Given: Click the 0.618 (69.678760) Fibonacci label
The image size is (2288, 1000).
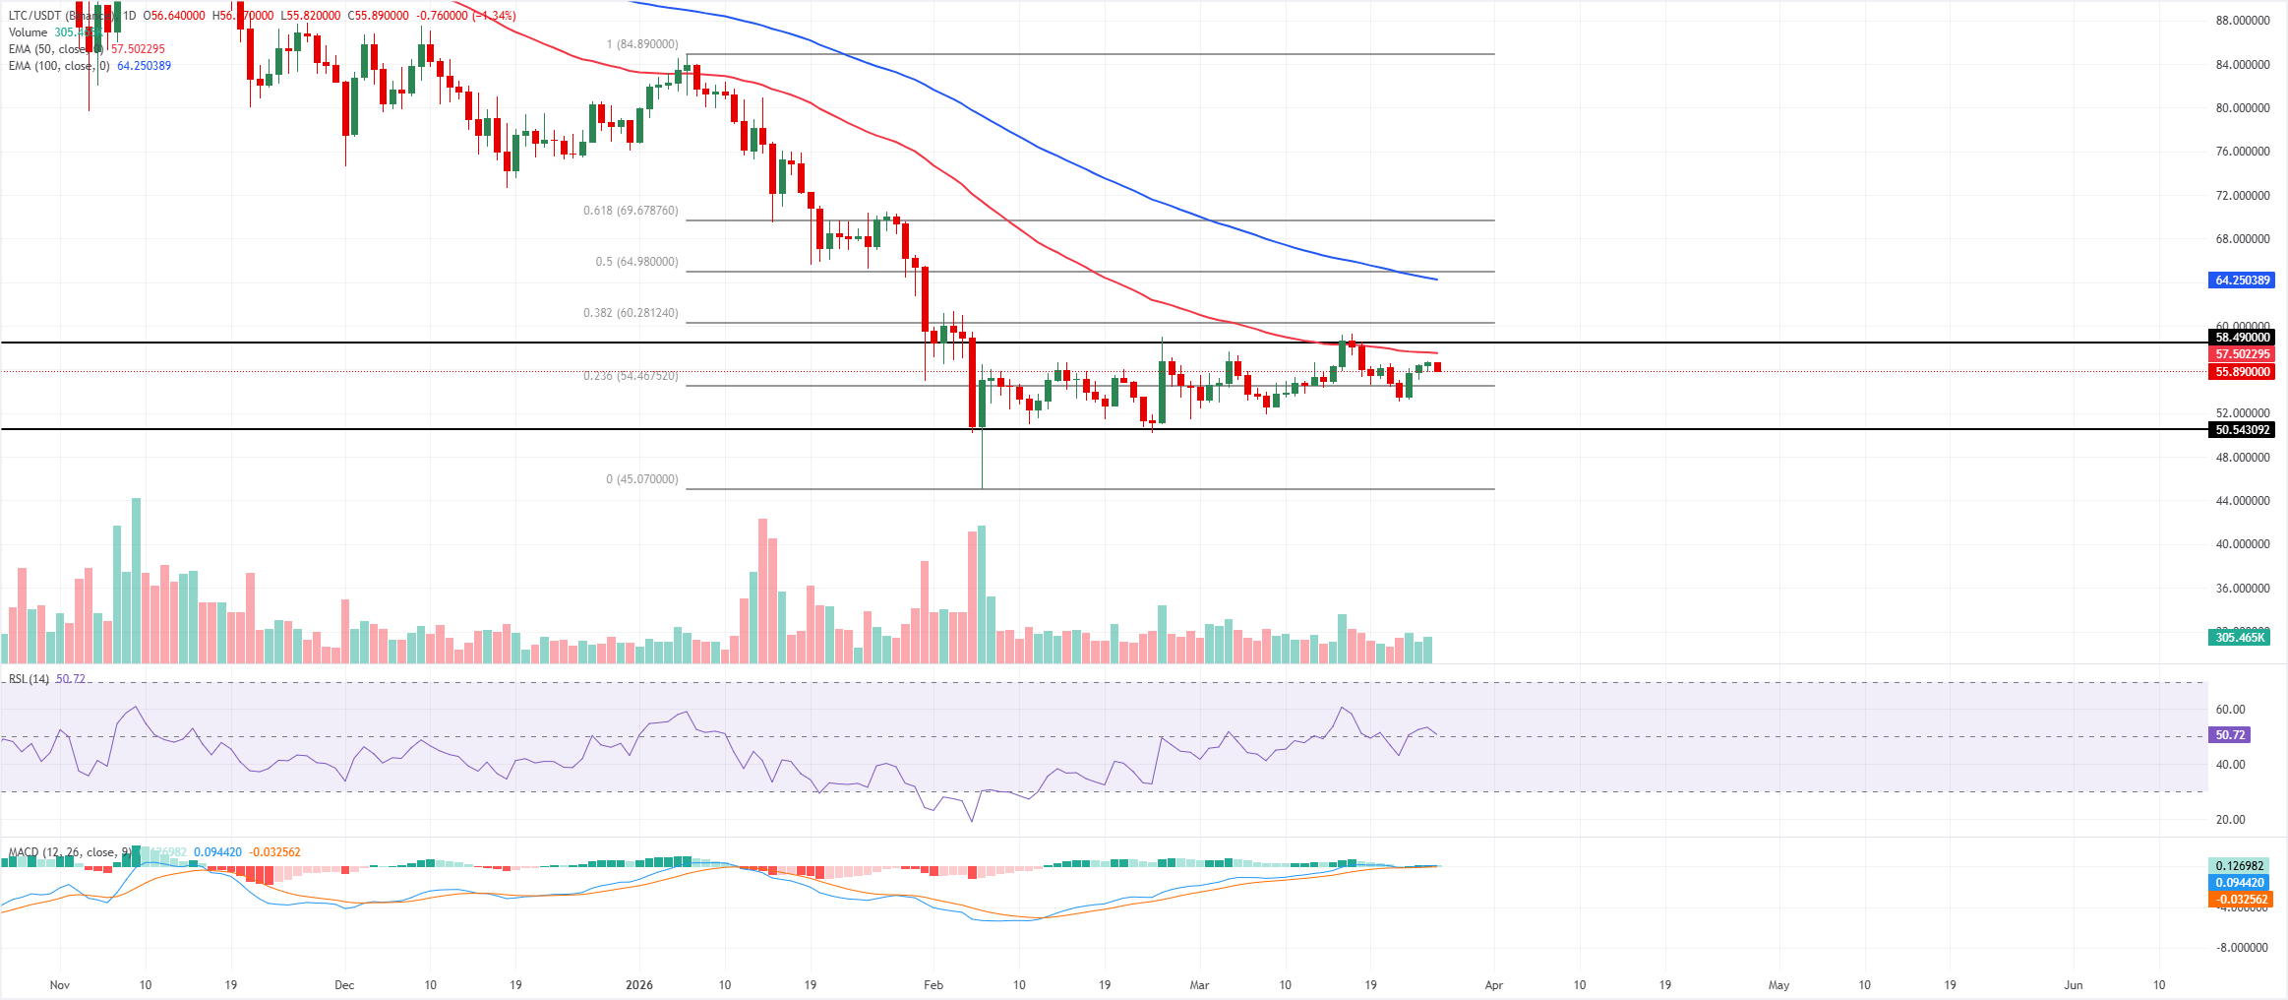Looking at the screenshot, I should pyautogui.click(x=631, y=211).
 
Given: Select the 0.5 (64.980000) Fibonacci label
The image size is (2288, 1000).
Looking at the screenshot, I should pyautogui.click(x=636, y=262).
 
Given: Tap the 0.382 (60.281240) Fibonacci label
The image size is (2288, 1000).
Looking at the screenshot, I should pyautogui.click(x=631, y=313).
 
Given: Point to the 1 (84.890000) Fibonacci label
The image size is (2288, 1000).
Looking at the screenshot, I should pyautogui.click(x=642, y=44).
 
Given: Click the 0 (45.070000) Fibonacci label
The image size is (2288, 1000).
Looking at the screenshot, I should pyautogui.click(x=641, y=479).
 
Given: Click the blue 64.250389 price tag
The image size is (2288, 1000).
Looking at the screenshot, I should pyautogui.click(x=2243, y=281).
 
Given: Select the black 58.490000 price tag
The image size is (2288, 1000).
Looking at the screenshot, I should pyautogui.click(x=2243, y=338).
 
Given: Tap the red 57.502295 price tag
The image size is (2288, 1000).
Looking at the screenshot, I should pyautogui.click(x=2243, y=354).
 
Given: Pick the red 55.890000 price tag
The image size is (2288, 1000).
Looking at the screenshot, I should pyautogui.click(x=2243, y=372).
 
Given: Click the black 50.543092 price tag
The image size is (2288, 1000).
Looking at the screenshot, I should pyautogui.click(x=2243, y=430).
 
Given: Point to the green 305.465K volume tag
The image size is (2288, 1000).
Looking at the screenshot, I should pyautogui.click(x=2240, y=638).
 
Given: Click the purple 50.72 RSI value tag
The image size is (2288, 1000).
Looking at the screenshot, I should pyautogui.click(x=2230, y=735).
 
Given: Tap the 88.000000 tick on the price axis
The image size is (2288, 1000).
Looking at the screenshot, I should pyautogui.click(x=2243, y=21).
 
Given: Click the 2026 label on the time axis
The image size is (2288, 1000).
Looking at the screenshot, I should pyautogui.click(x=639, y=985).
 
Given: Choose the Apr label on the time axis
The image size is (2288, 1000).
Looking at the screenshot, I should pyautogui.click(x=1494, y=985).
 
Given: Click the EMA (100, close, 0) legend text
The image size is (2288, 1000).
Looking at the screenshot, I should pyautogui.click(x=59, y=66).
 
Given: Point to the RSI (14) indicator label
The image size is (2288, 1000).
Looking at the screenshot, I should pyautogui.click(x=29, y=679).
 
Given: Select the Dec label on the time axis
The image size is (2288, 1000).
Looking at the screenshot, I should pyautogui.click(x=344, y=985).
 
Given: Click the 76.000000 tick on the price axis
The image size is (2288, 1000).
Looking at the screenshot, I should pyautogui.click(x=2243, y=152).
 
